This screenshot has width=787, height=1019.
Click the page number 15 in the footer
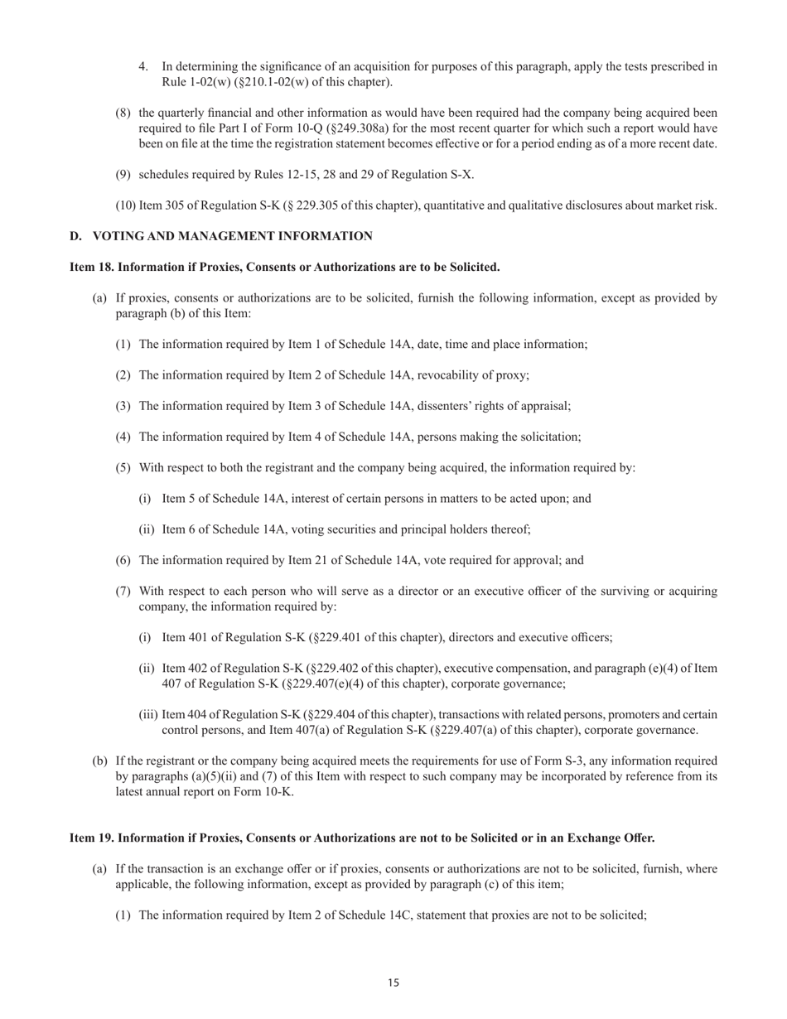click(x=393, y=983)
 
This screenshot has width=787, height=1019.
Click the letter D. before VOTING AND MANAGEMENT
click(x=75, y=236)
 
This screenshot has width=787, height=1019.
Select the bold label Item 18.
click(x=91, y=267)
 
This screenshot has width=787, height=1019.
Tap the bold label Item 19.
click(x=91, y=838)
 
